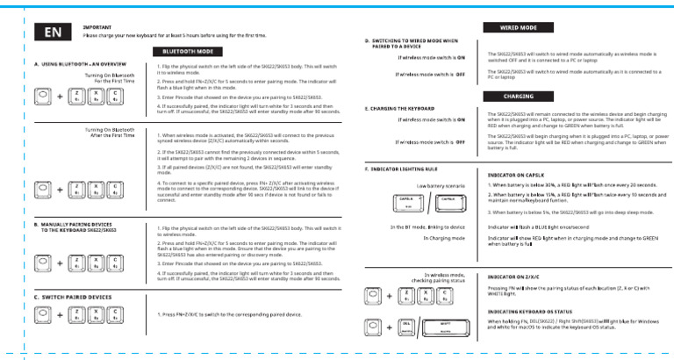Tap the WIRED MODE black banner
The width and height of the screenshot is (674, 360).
pyautogui.click(x=518, y=28)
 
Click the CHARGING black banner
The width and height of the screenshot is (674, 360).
pyautogui.click(x=518, y=96)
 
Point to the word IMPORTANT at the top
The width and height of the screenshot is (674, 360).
pyautogui.click(x=97, y=28)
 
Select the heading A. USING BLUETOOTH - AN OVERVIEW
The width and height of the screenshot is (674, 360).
pyautogui.click(x=80, y=65)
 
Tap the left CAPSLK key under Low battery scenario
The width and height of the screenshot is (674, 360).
pyautogui.click(x=406, y=205)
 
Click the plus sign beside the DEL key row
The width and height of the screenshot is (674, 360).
pyautogui.click(x=390, y=328)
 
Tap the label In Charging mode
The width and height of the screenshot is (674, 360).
pyautogui.click(x=443, y=237)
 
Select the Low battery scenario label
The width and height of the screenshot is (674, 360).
pyautogui.click(x=441, y=186)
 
